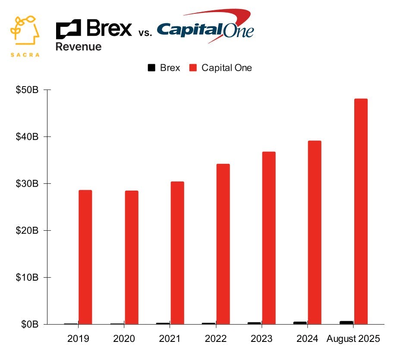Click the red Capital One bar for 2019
click(85, 257)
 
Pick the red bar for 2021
click(177, 253)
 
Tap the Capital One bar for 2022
click(223, 244)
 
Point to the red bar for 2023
click(269, 238)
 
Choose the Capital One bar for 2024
click(315, 233)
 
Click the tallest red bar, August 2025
click(361, 211)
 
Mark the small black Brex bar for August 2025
click(346, 322)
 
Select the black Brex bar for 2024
click(300, 323)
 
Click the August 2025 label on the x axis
click(353, 339)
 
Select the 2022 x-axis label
click(215, 339)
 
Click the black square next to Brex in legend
click(151, 68)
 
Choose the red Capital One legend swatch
click(193, 68)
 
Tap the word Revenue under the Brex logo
click(79, 46)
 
